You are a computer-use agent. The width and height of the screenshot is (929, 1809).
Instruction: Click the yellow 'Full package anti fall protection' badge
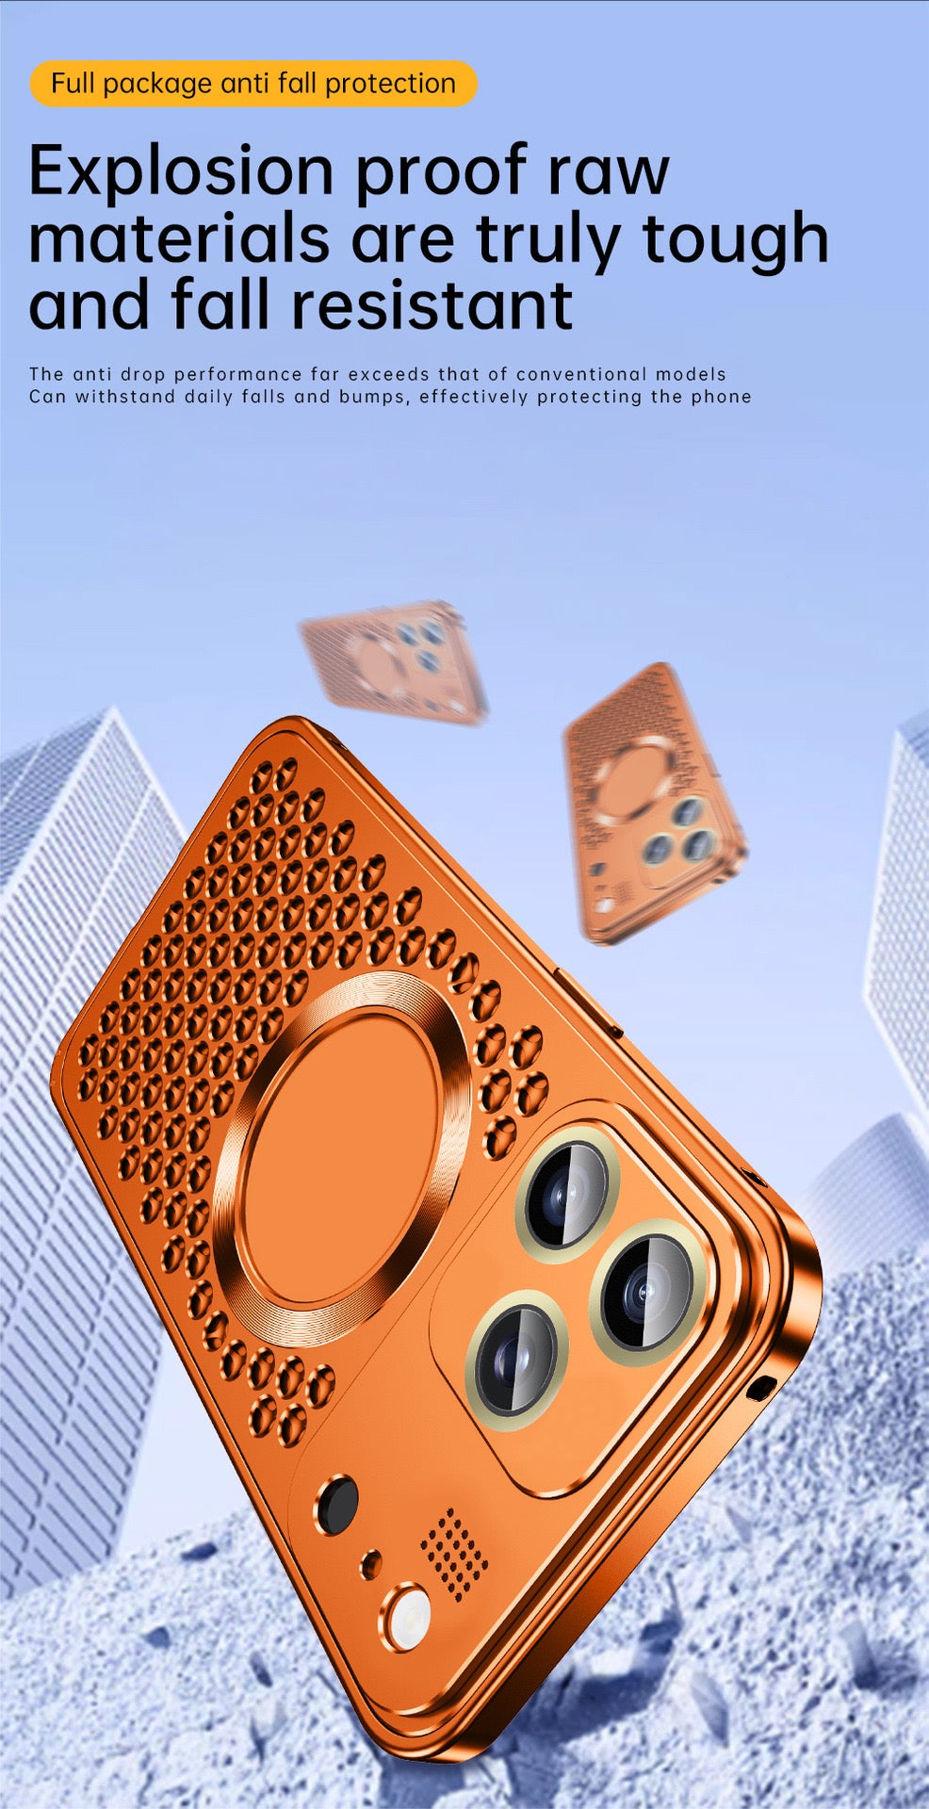click(x=253, y=84)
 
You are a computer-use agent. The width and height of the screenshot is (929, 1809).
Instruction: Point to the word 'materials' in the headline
click(x=179, y=239)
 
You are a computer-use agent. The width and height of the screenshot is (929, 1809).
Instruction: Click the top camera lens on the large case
click(x=566, y=1193)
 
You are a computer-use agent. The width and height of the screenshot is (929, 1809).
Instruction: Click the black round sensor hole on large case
click(x=336, y=1505)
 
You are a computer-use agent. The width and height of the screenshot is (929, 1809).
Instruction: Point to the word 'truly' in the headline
click(x=547, y=239)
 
